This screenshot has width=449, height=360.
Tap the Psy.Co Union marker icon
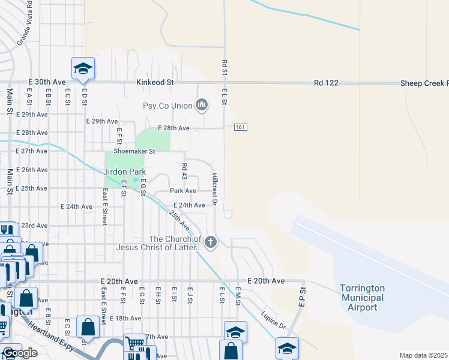point(202,106)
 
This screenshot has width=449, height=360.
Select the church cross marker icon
point(210,242)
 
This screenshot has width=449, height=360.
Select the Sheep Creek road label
point(424,83)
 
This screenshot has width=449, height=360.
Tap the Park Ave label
point(183,191)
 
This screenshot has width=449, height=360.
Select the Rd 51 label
point(224,67)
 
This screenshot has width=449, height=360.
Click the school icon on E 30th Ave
point(83,68)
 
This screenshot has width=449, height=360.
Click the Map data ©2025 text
point(424,355)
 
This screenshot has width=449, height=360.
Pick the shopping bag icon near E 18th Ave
point(88,328)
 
